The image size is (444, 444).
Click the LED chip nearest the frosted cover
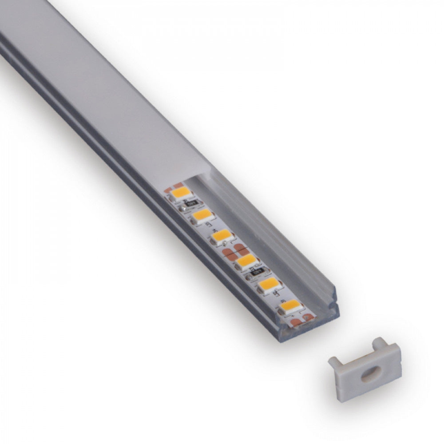[x=181, y=193]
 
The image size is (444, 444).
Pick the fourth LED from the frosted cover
[x=247, y=261]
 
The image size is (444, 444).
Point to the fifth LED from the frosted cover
[x=269, y=284]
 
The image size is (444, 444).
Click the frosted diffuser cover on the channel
[x=111, y=102]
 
